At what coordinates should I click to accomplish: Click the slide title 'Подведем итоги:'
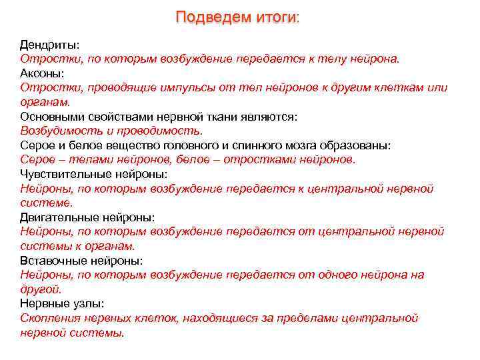pos(238,17)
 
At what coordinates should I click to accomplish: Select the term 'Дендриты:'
pos(49,45)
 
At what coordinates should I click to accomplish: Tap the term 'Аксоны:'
pos(43,73)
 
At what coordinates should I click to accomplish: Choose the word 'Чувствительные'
pos(65,174)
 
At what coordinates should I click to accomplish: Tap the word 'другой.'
pos(41,289)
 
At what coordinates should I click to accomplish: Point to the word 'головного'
pos(199,145)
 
